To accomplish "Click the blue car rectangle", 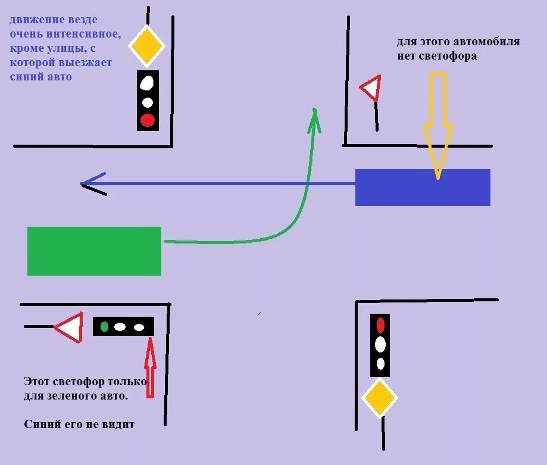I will click(423, 188).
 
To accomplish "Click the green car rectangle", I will click(94, 251).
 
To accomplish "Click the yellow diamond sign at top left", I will click(146, 45).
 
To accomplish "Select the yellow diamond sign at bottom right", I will click(380, 398).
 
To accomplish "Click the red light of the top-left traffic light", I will click(147, 121).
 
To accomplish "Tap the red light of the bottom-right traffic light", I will click(380, 325).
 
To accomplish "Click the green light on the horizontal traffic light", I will click(105, 326).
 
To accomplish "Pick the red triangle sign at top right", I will click(371, 89).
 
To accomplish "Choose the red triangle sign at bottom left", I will click(68, 327).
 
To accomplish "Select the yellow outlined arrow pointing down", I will click(438, 125).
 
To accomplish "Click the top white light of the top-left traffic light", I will click(147, 83).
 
